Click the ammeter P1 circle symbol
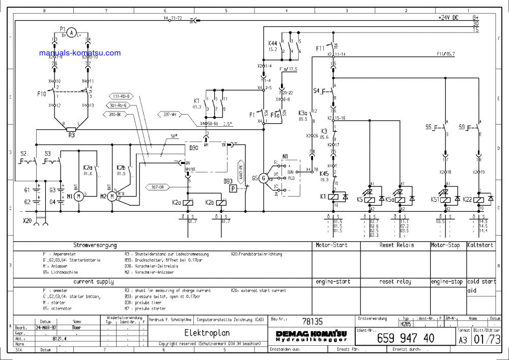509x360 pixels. [72, 33]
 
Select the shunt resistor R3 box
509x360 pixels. [72, 129]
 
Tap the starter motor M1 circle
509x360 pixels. [78, 197]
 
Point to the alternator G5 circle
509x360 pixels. [263, 178]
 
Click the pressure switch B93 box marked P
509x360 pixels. [233, 188]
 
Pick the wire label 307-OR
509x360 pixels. [157, 186]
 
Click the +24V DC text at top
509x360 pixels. [448, 17]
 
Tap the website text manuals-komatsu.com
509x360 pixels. [80, 53]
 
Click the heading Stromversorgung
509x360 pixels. [95, 245]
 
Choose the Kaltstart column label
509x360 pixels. [480, 245]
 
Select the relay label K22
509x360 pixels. [468, 200]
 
